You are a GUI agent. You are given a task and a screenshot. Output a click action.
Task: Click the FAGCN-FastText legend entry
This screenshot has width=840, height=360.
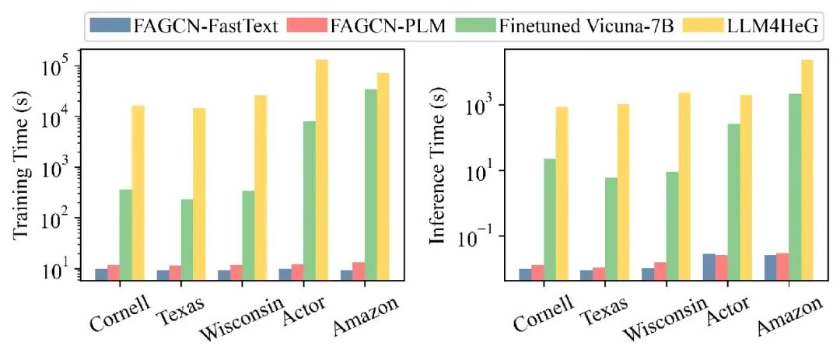pyautogui.click(x=185, y=25)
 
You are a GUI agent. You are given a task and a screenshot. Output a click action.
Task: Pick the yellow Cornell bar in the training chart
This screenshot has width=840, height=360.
pyautogui.click(x=138, y=192)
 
